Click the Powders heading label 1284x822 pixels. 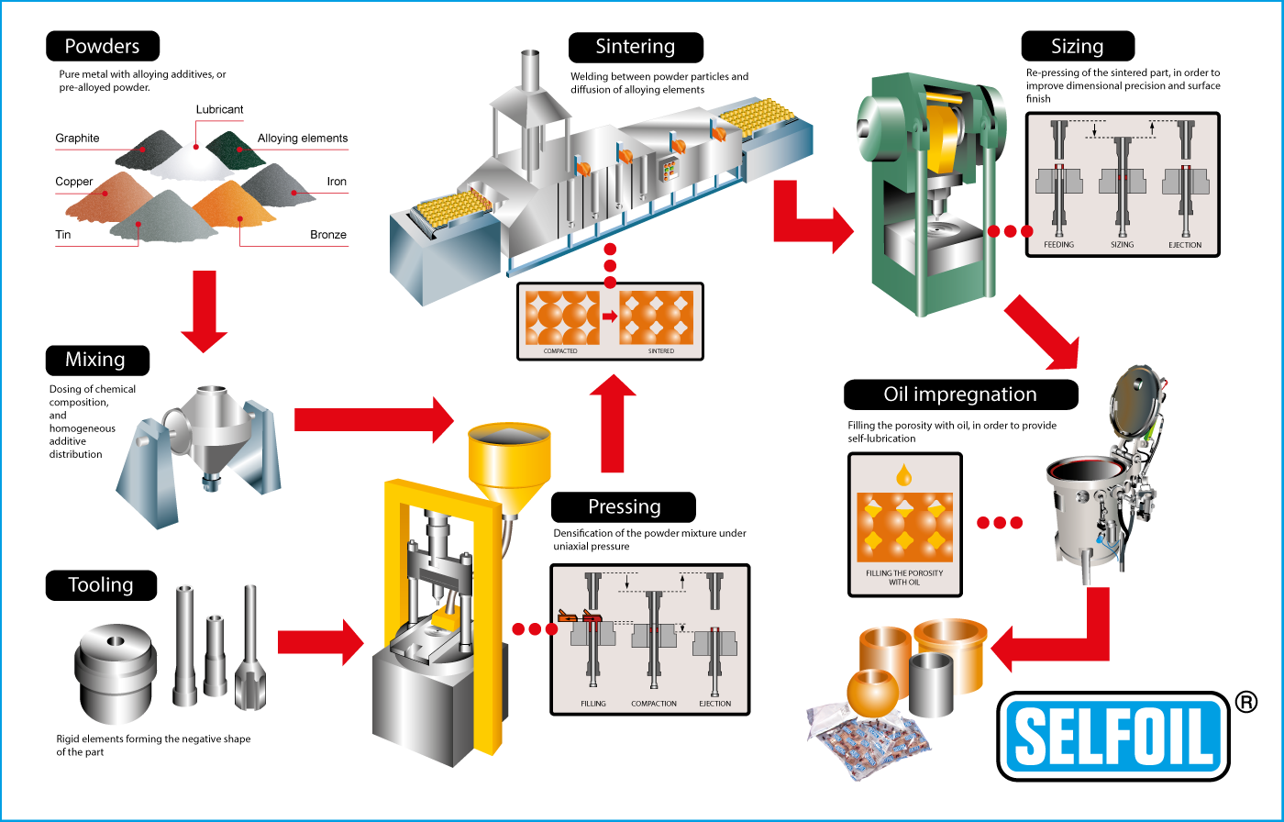pyautogui.click(x=102, y=46)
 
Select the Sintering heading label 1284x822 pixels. pyautogui.click(x=635, y=47)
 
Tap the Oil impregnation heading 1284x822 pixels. pyautogui.click(x=959, y=394)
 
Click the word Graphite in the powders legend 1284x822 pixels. pyautogui.click(x=77, y=139)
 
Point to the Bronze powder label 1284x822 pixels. pyautogui.click(x=328, y=235)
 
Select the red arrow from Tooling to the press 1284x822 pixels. pyautogui.click(x=320, y=641)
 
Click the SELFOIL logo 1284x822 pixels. pyautogui.click(x=1113, y=736)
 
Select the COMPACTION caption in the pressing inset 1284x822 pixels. pyautogui.click(x=654, y=704)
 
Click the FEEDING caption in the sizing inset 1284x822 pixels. pyautogui.click(x=1058, y=245)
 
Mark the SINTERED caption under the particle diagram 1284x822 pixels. pyautogui.click(x=660, y=351)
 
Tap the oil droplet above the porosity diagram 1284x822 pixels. pyautogui.click(x=904, y=474)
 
